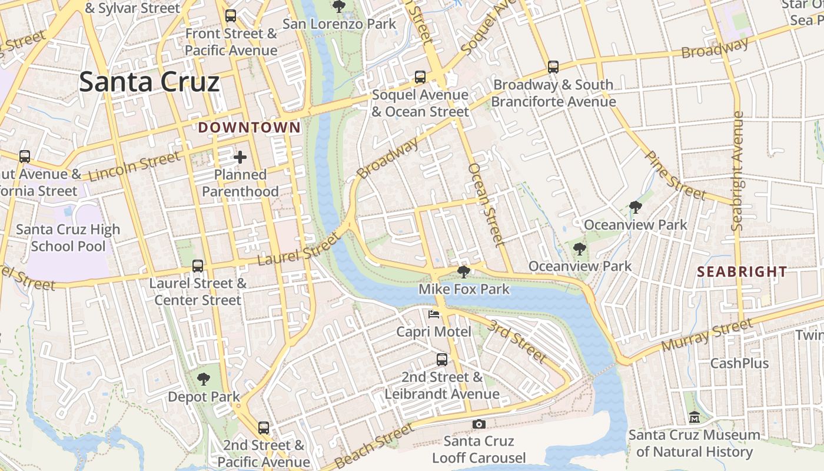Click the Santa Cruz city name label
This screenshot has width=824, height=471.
click(149, 82)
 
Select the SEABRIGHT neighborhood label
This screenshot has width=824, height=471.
click(742, 271)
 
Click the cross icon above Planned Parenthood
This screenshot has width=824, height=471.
click(240, 157)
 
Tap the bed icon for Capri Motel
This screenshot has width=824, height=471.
click(434, 314)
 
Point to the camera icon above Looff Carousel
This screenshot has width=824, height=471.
click(479, 424)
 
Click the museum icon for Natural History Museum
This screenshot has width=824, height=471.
click(695, 417)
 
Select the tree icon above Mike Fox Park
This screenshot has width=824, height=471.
click(463, 271)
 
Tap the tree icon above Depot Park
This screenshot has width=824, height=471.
click(204, 379)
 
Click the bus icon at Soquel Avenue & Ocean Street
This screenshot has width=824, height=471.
click(420, 77)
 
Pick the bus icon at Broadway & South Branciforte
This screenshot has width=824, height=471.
click(553, 67)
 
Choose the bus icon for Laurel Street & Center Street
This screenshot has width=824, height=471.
click(198, 266)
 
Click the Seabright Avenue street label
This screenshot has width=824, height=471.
click(737, 171)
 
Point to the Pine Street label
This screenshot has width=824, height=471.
click(675, 175)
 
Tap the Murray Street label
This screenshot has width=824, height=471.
click(706, 335)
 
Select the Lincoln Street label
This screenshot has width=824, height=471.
click(134, 167)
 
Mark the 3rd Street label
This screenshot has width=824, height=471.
click(519, 341)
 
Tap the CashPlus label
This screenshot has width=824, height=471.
click(739, 363)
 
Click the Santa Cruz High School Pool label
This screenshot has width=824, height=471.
click(68, 238)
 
